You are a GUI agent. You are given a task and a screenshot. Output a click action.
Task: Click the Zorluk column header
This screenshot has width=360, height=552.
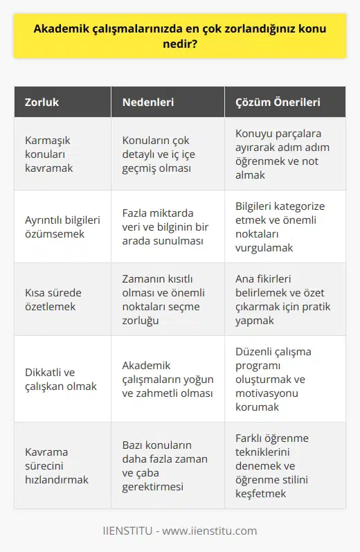coord(42,102)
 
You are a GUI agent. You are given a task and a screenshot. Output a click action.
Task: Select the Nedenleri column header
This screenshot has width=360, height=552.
coord(148,102)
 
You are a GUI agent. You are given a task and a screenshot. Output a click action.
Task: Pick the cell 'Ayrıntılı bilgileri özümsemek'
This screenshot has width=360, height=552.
coord(60,226)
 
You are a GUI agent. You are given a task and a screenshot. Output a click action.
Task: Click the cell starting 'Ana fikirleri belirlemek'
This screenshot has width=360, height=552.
coord(282,299)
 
